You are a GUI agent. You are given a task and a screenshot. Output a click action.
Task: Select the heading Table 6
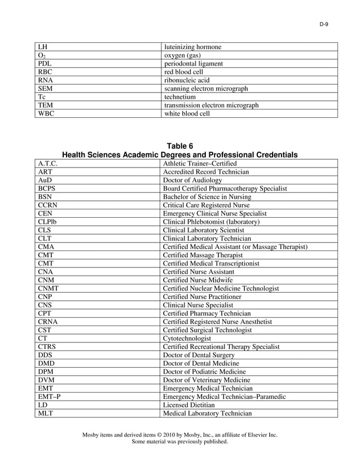pyautogui.click(x=179, y=146)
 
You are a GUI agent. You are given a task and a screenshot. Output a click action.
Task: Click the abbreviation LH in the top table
pyautogui.click(x=42, y=47)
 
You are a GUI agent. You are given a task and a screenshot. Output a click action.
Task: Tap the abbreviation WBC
pyautogui.click(x=46, y=113)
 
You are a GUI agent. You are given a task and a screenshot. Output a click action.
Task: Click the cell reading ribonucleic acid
pyautogui.click(x=186, y=80)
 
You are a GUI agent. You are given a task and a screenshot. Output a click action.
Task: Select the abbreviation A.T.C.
pyautogui.click(x=48, y=164)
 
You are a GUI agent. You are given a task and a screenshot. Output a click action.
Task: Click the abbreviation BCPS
pyautogui.click(x=47, y=188)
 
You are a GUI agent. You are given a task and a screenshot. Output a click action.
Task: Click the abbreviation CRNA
pyautogui.click(x=48, y=322)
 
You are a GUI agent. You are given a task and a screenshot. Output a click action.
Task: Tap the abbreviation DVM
pyautogui.click(x=46, y=380)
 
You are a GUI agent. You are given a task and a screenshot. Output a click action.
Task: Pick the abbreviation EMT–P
pyautogui.click(x=49, y=397)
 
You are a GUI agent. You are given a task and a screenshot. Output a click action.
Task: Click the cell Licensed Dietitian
pyautogui.click(x=188, y=405)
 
